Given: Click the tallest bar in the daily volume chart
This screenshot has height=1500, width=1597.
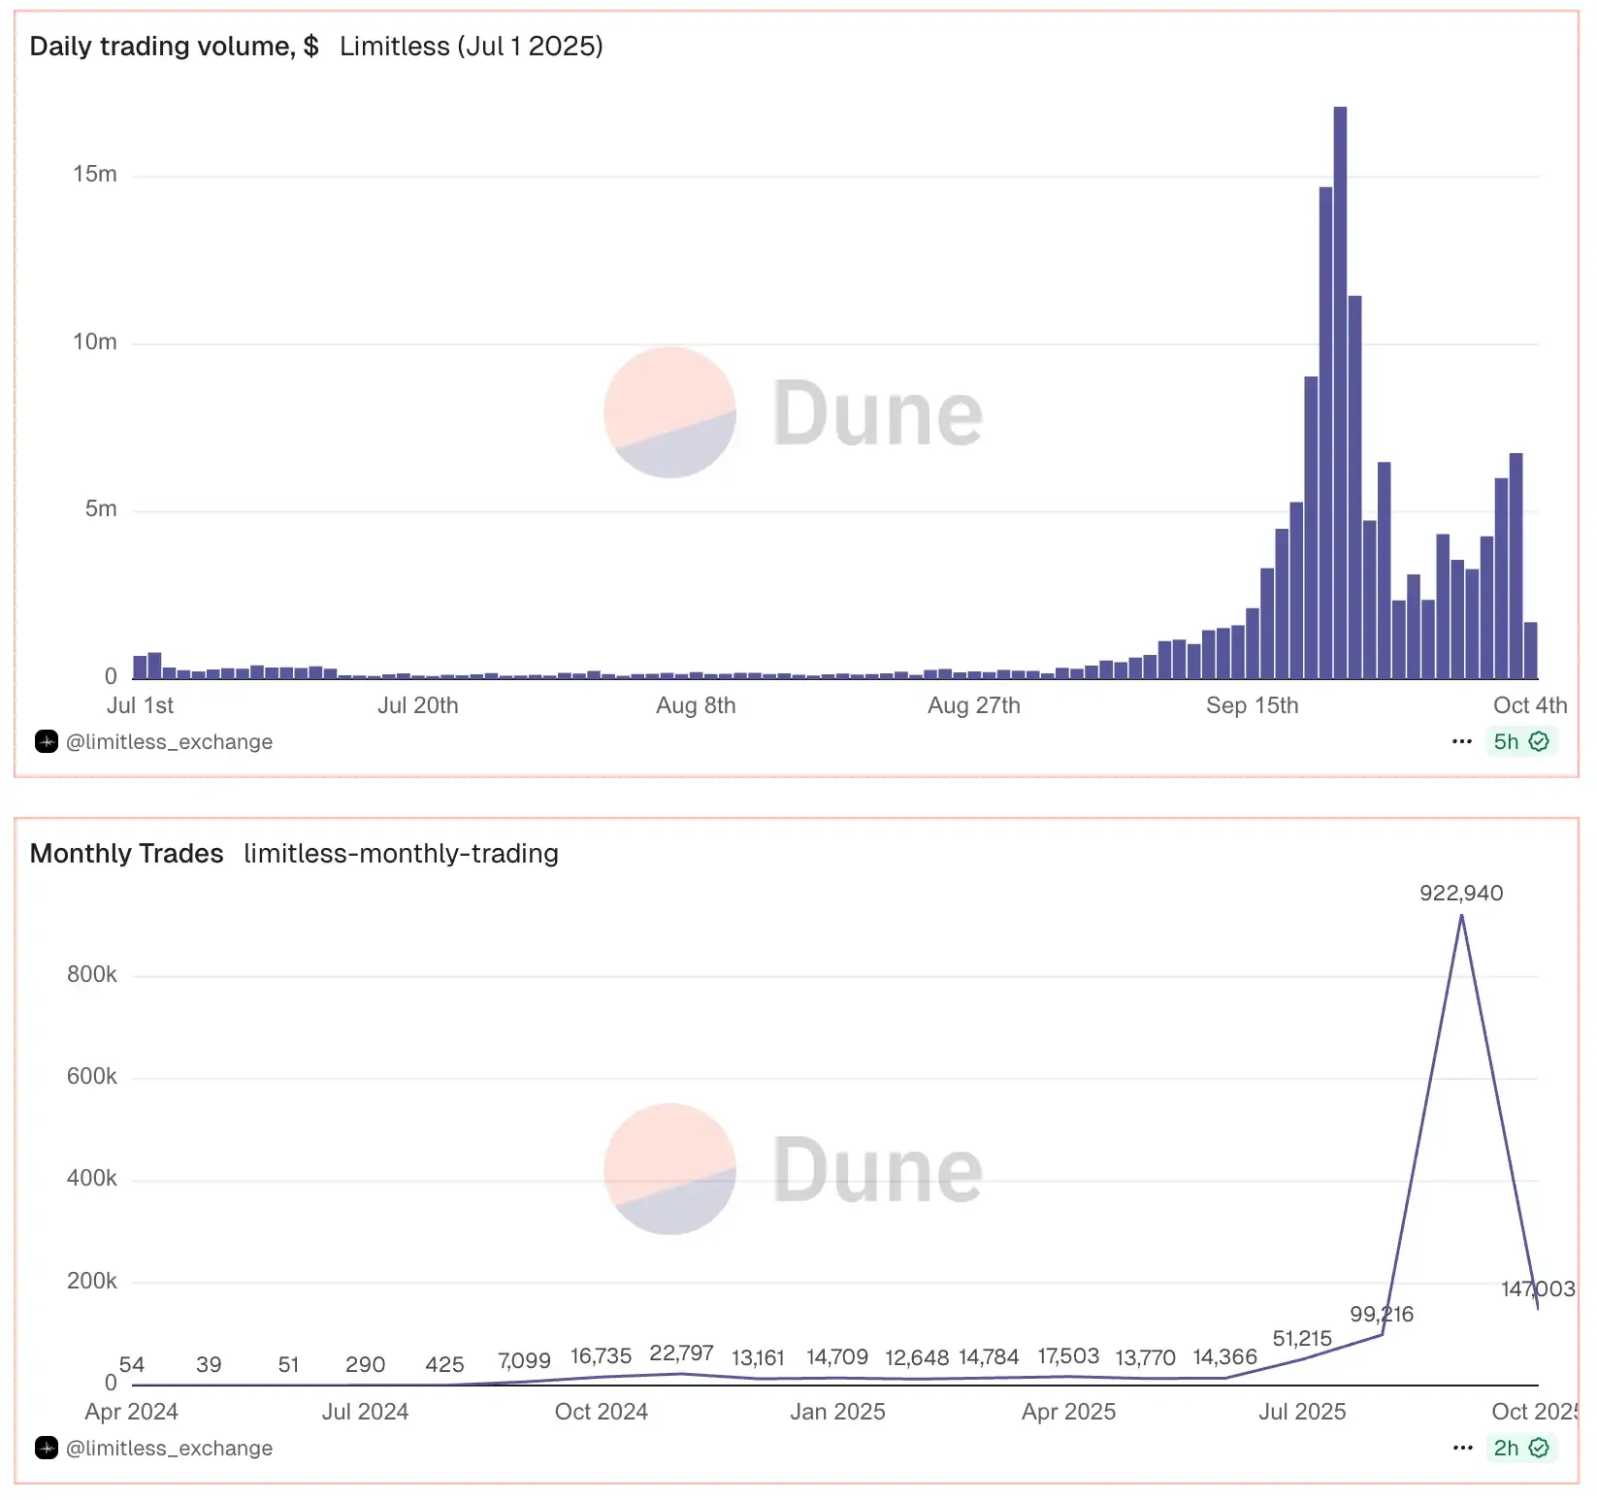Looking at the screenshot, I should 1340,388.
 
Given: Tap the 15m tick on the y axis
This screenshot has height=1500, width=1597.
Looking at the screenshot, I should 95,175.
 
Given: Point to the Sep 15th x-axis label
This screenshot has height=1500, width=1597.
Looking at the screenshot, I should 1252,705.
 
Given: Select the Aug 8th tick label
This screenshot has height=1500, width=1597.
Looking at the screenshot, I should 696,705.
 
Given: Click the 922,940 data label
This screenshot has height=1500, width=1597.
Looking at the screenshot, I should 1461,893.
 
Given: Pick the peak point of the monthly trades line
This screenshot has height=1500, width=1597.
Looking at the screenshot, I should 1461,916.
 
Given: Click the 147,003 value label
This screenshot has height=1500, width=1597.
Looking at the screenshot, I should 1538,1288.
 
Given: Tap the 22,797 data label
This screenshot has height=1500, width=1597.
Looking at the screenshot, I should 681,1353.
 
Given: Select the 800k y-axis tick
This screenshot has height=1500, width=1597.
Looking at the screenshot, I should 92,974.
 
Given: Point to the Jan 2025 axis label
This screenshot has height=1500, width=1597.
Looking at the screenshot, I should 837,1412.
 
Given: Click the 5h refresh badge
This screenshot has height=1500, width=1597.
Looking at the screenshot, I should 1520,742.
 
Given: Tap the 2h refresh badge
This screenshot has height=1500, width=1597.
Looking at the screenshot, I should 1520,1449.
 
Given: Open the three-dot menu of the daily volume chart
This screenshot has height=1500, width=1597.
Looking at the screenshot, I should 1462,742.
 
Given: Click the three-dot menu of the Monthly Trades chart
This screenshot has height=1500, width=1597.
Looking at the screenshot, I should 1462,1449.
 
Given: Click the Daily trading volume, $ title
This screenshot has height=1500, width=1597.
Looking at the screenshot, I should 174,47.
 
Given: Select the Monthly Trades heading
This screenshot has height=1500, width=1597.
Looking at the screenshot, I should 126,854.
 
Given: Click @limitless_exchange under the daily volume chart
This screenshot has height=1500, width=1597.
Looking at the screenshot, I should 169,742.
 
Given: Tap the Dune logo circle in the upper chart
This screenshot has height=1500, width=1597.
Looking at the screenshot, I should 669,412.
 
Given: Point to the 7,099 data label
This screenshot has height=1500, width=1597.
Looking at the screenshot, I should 524,1360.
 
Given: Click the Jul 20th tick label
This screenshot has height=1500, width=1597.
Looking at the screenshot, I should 417,705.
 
